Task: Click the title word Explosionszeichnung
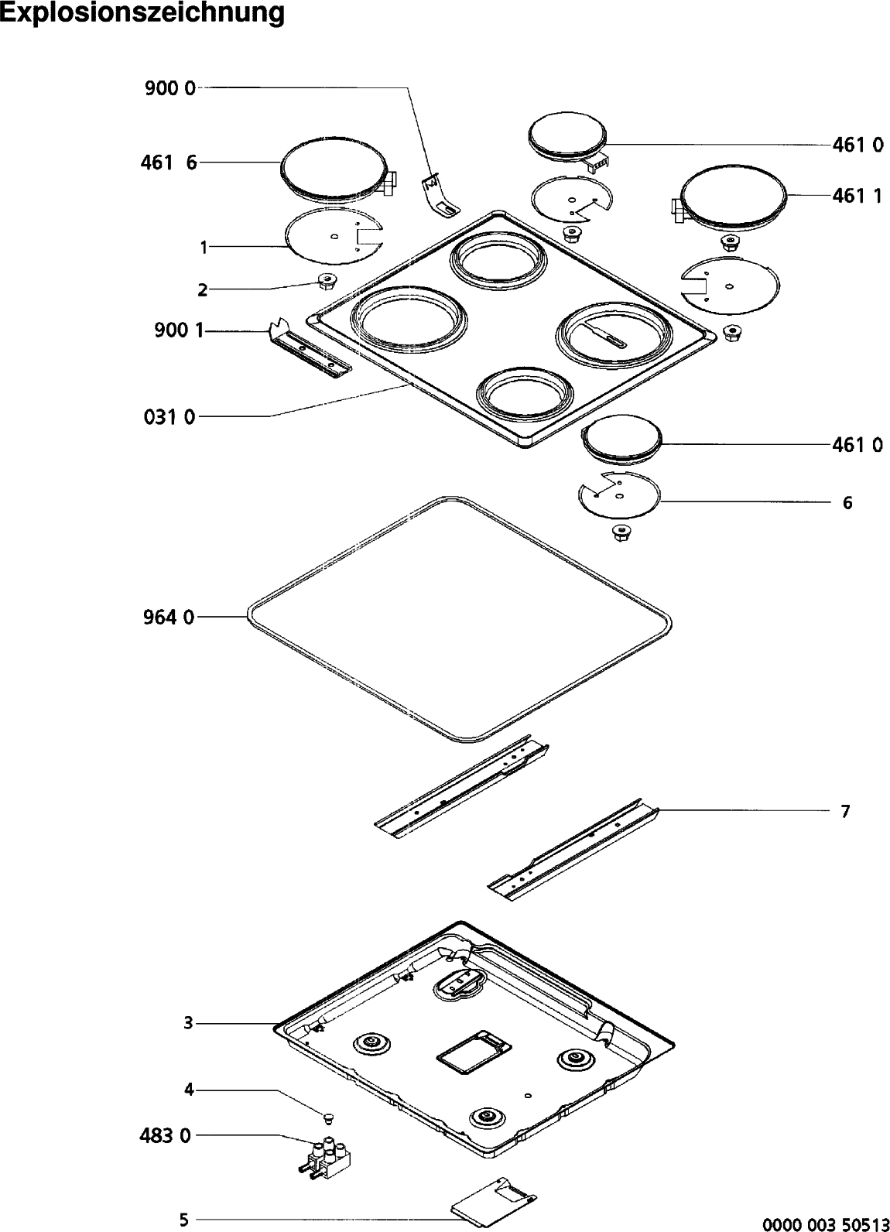coord(142,15)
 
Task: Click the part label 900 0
coord(170,89)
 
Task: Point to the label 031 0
coord(169,418)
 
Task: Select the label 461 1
coord(857,196)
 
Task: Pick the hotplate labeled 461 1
coord(733,197)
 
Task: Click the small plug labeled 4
coord(327,1116)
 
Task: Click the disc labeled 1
coord(333,237)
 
